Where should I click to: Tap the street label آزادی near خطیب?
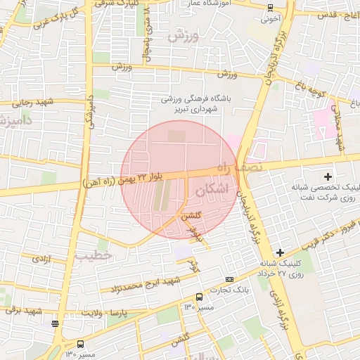click(x=39, y=259)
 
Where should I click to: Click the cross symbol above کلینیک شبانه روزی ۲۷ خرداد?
click(x=280, y=252)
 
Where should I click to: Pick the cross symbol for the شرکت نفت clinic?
click(x=327, y=175)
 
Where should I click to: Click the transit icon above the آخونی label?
click(x=271, y=8)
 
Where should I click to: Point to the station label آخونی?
click(x=271, y=19)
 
